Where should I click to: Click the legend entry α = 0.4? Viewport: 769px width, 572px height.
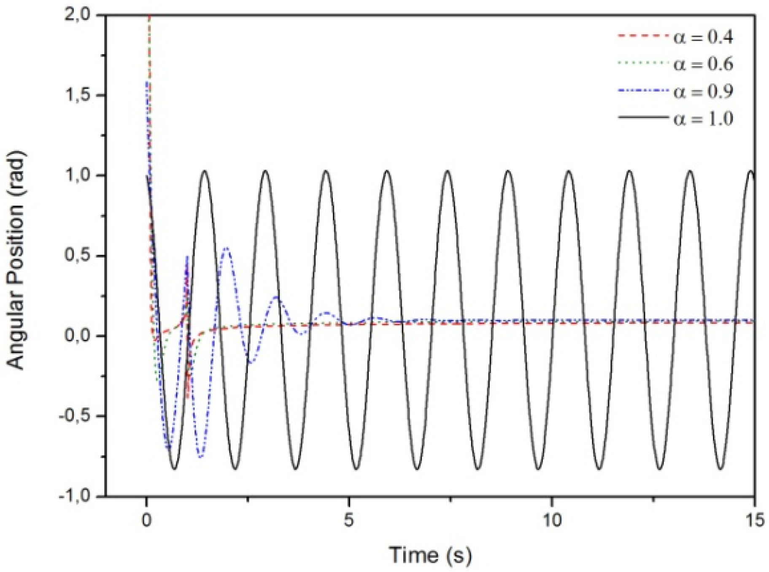[x=703, y=38]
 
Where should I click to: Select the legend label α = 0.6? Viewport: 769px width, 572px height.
[x=703, y=64]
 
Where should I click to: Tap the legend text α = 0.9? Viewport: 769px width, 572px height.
[x=703, y=91]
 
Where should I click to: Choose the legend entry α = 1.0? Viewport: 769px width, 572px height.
[x=703, y=118]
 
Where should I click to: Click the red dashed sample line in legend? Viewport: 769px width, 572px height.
[x=643, y=37]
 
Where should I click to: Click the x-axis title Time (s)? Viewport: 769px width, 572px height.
[x=430, y=555]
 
